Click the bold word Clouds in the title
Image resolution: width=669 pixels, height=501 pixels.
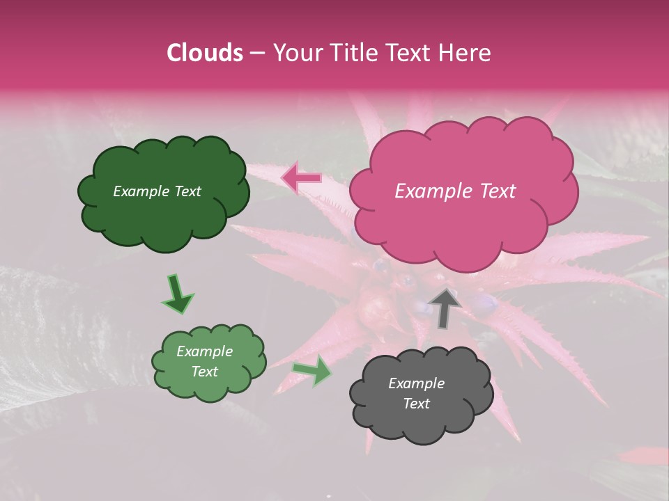(x=204, y=53)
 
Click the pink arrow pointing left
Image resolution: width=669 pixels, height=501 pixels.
(x=301, y=178)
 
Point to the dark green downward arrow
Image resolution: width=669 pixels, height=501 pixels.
(x=177, y=293)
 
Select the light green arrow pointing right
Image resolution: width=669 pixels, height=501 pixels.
(x=313, y=371)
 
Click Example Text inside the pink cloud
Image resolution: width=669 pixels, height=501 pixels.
(x=455, y=191)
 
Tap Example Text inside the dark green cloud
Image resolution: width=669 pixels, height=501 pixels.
(x=157, y=191)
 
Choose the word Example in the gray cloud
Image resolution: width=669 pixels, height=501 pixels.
(x=416, y=383)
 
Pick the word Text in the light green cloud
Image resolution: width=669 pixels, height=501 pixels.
(x=204, y=372)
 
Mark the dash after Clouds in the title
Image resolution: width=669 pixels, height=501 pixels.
(x=257, y=53)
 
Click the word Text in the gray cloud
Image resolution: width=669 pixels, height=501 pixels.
(x=416, y=404)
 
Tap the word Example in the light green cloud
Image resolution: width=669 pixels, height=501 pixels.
(x=204, y=351)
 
